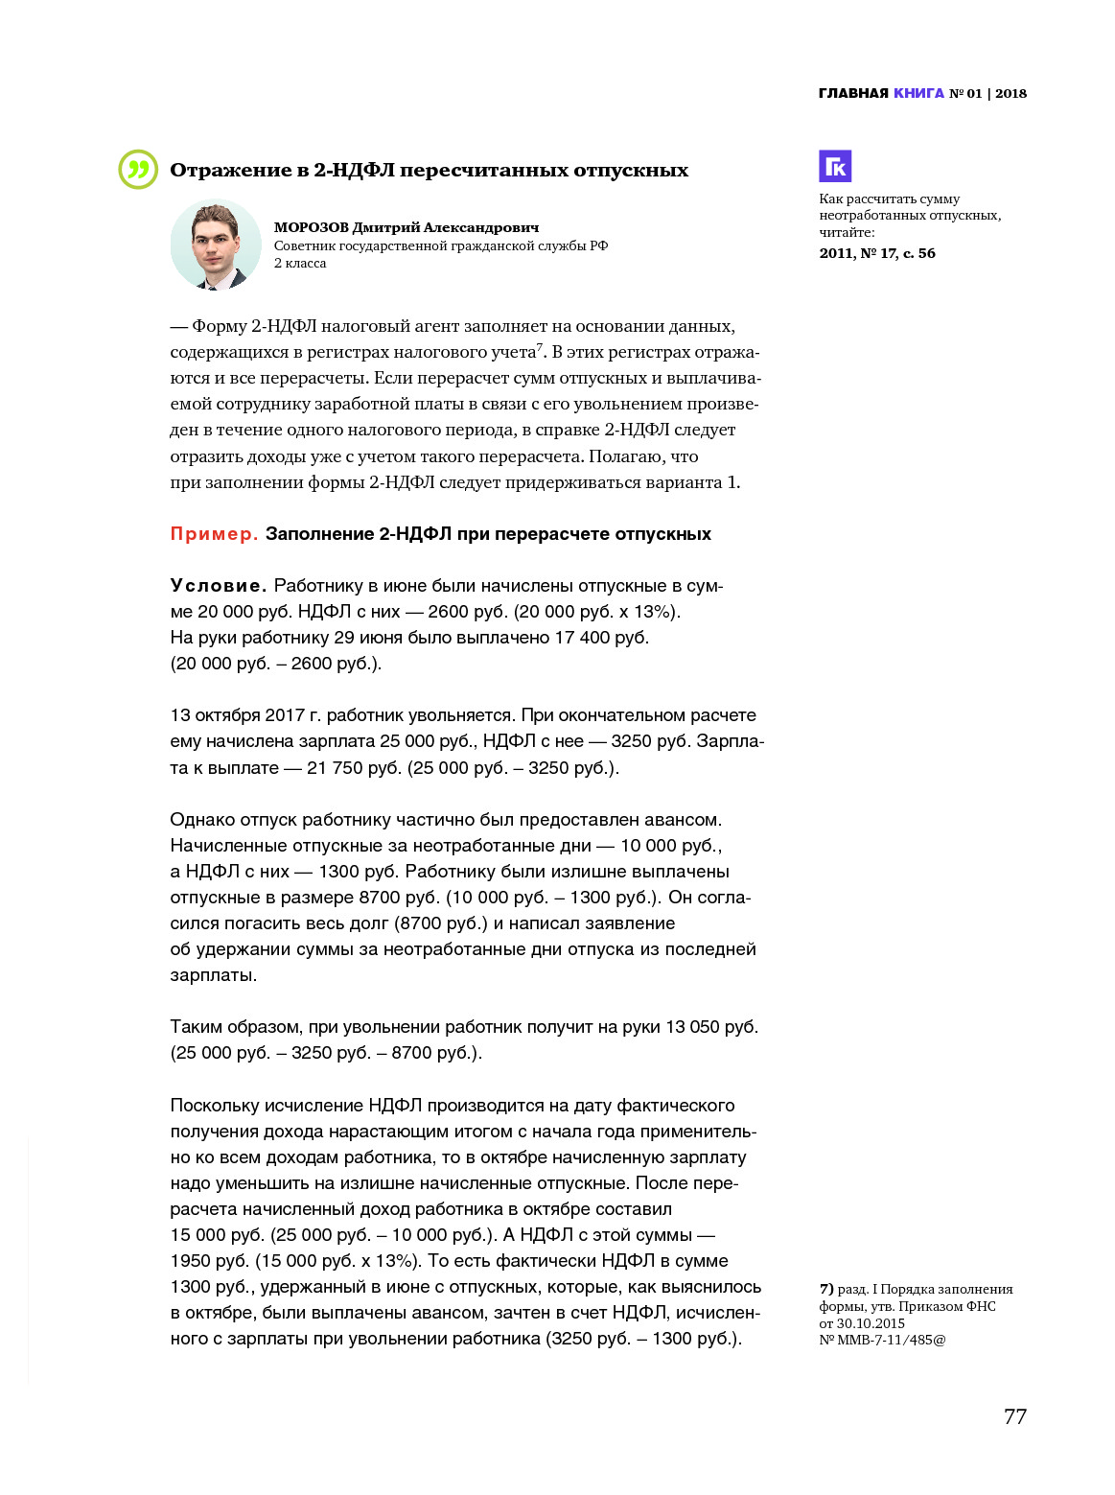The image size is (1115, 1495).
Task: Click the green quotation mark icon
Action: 138,170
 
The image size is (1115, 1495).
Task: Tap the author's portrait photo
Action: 216,245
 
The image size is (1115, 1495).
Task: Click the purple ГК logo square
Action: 835,166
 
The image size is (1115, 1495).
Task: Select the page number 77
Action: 1014,1416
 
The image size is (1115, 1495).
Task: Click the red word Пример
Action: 214,534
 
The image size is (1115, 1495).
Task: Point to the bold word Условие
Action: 218,586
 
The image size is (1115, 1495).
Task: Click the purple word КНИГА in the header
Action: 918,93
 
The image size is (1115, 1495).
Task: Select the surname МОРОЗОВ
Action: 311,228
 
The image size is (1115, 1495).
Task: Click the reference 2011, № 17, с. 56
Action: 877,253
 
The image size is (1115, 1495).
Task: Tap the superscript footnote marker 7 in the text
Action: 540,347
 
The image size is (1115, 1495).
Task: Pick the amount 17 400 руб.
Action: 601,638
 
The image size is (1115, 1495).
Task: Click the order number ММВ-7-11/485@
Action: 891,1340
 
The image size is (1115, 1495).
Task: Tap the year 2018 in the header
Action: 1010,93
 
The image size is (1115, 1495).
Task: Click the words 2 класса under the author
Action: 300,263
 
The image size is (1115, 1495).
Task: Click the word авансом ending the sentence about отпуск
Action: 684,820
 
